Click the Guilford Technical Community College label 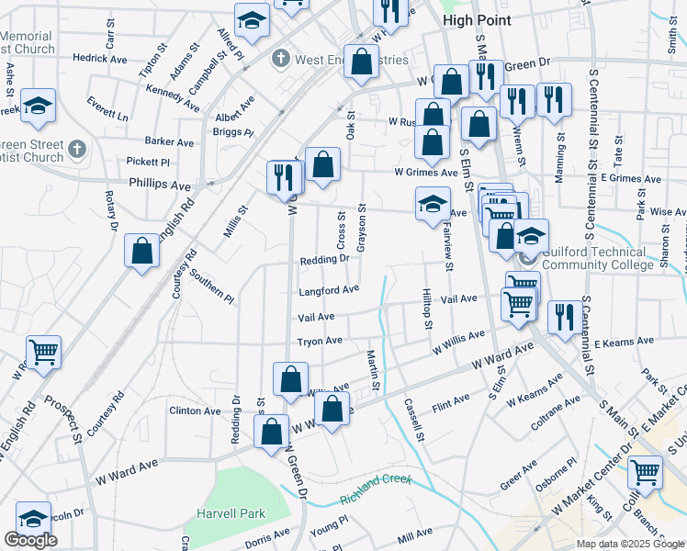tap(598, 257)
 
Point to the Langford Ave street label tap(328, 290)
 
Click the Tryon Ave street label tap(320, 342)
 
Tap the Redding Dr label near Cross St tap(324, 260)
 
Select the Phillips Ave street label tap(160, 184)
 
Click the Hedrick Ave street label tap(100, 59)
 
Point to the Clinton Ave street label tap(195, 410)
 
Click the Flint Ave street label tap(450, 400)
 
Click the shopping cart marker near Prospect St tap(43, 352)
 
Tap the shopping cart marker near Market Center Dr tap(646, 472)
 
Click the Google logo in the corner tap(30, 541)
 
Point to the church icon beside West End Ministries tap(281, 60)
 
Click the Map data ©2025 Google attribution tap(630, 544)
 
